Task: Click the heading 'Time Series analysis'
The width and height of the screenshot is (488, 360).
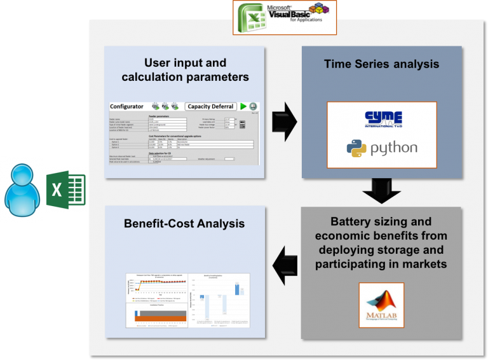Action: click(x=381, y=64)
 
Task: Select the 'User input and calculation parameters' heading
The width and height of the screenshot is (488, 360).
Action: click(x=184, y=70)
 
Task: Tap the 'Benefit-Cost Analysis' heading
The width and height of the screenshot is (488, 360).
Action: click(x=184, y=223)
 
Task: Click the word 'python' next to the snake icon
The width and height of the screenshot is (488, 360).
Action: click(x=393, y=148)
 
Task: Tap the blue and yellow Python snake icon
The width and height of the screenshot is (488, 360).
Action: click(x=356, y=148)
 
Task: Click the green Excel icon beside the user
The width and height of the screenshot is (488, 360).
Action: click(x=66, y=189)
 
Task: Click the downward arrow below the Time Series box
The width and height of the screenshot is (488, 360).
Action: click(x=381, y=190)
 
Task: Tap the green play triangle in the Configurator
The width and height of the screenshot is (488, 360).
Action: click(x=243, y=106)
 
